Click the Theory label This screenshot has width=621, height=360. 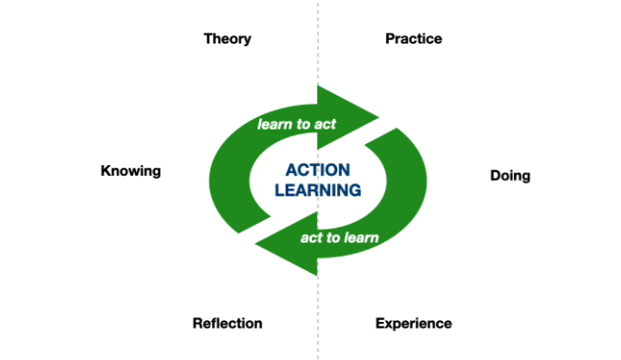point(228,39)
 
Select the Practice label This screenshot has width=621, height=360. point(413,39)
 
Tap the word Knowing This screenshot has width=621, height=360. point(131,170)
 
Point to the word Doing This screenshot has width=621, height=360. point(509,176)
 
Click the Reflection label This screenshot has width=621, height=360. point(228,323)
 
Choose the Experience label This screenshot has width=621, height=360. point(413,323)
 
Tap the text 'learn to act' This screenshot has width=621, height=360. point(296,124)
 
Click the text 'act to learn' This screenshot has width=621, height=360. point(339,238)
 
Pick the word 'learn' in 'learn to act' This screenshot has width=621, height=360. point(275,124)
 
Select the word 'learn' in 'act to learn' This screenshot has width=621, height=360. point(361,238)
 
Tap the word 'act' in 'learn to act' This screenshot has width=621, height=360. point(325,124)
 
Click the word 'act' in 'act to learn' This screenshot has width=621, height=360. point(311,238)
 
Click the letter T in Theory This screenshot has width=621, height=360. point(209,39)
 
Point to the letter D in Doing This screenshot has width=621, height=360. point(495,176)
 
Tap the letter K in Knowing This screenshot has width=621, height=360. point(105,170)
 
